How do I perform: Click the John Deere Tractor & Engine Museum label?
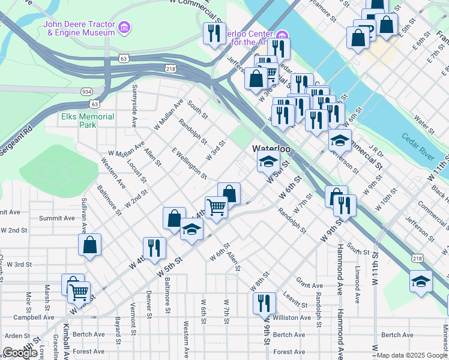(x=78, y=28)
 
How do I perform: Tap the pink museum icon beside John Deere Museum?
(x=125, y=27)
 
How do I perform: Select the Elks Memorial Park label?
(x=88, y=121)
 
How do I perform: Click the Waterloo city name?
(x=271, y=148)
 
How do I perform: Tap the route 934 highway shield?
(x=87, y=91)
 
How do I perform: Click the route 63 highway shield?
(x=123, y=59)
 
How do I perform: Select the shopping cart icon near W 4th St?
(x=216, y=207)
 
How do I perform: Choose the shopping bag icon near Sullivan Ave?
(x=89, y=244)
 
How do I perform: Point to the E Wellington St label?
(x=189, y=163)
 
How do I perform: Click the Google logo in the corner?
(x=20, y=353)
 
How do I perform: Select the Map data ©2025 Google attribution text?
(x=412, y=355)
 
